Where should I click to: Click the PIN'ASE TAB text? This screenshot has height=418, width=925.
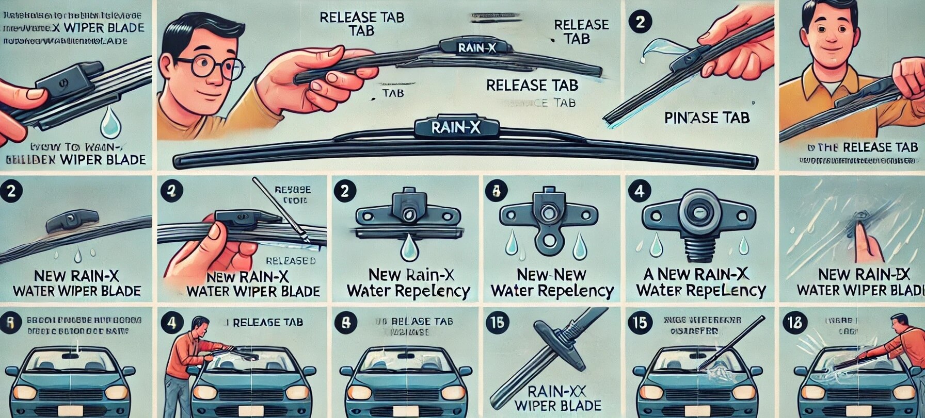coord(707,118)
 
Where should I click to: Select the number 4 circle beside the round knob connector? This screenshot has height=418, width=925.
coord(639,192)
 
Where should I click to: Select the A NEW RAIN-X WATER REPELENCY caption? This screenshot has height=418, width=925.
coord(701,282)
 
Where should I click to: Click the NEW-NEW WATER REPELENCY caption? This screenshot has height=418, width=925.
coord(552,282)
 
